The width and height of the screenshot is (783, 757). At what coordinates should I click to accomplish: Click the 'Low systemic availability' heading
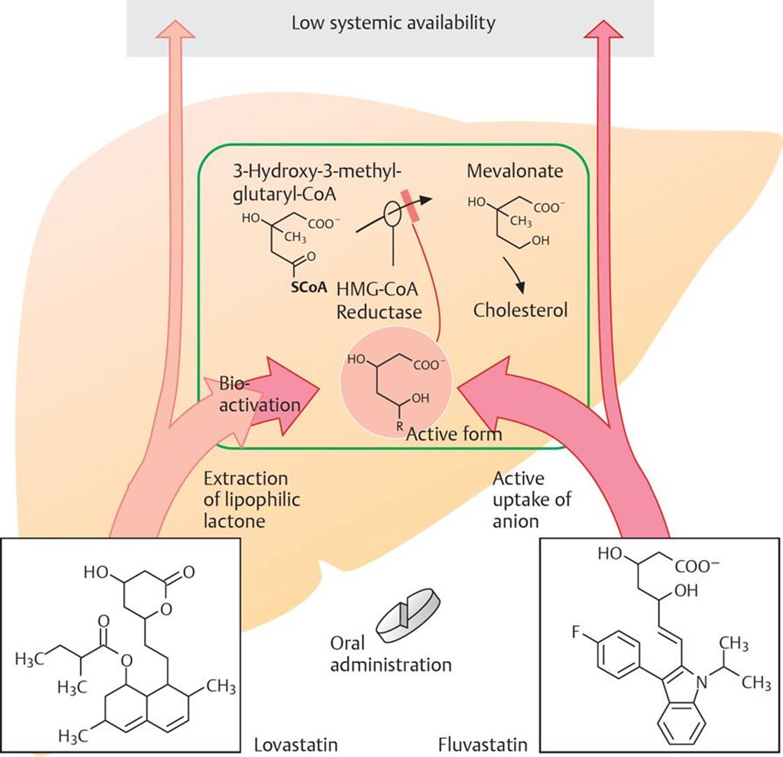(393, 23)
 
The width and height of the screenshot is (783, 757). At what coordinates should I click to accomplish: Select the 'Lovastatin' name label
(296, 744)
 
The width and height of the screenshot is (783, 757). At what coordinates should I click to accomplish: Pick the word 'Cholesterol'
(521, 310)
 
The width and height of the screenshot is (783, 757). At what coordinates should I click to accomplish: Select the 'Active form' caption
(454, 435)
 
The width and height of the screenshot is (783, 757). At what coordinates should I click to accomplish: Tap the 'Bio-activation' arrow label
(259, 394)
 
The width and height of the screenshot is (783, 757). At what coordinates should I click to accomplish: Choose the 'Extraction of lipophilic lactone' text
(246, 500)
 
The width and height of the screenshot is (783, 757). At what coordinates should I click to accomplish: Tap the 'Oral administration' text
(390, 653)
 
